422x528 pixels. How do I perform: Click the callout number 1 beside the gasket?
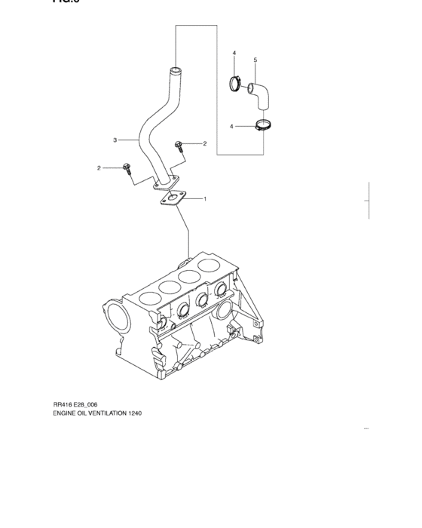pyautogui.click(x=205, y=199)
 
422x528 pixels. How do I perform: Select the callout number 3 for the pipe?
pyautogui.click(x=115, y=140)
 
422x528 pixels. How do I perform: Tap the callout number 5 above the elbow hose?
pyautogui.click(x=255, y=60)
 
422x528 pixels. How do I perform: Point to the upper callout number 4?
pyautogui.click(x=234, y=53)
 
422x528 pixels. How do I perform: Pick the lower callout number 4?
pyautogui.click(x=232, y=125)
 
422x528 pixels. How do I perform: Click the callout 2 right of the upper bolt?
pyautogui.click(x=204, y=143)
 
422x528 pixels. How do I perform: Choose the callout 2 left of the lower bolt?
pyautogui.click(x=99, y=167)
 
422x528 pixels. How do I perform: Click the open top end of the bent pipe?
pyautogui.click(x=175, y=72)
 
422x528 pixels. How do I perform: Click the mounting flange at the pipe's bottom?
pyautogui.click(x=167, y=181)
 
